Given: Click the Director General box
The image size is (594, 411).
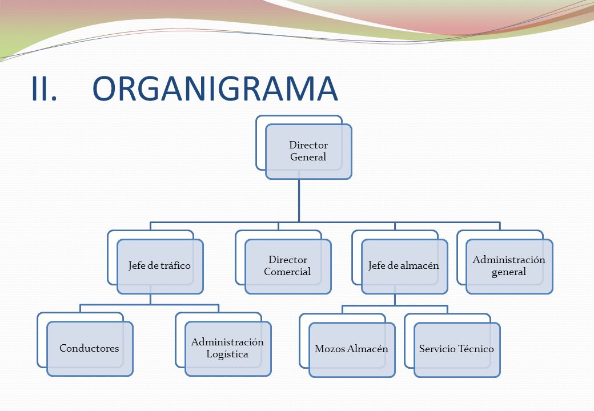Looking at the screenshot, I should [x=308, y=152].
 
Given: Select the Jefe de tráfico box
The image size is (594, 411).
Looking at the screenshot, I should [x=160, y=267].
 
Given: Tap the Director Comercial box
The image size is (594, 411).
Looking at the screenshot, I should [x=288, y=267].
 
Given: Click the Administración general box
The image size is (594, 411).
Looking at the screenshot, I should [x=509, y=267].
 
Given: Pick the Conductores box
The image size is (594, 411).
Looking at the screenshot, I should [x=90, y=349].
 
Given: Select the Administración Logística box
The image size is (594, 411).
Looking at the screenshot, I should [x=228, y=349].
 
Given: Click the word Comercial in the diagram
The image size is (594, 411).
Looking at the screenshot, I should [x=287, y=272].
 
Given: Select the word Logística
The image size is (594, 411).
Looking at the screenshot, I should [x=227, y=354].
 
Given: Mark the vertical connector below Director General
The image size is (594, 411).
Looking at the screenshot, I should [x=299, y=200].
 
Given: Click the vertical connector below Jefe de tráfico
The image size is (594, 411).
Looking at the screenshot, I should [x=150, y=299].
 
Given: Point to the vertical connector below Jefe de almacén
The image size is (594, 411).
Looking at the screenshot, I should [x=395, y=300].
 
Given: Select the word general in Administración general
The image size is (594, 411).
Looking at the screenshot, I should [x=509, y=272].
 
